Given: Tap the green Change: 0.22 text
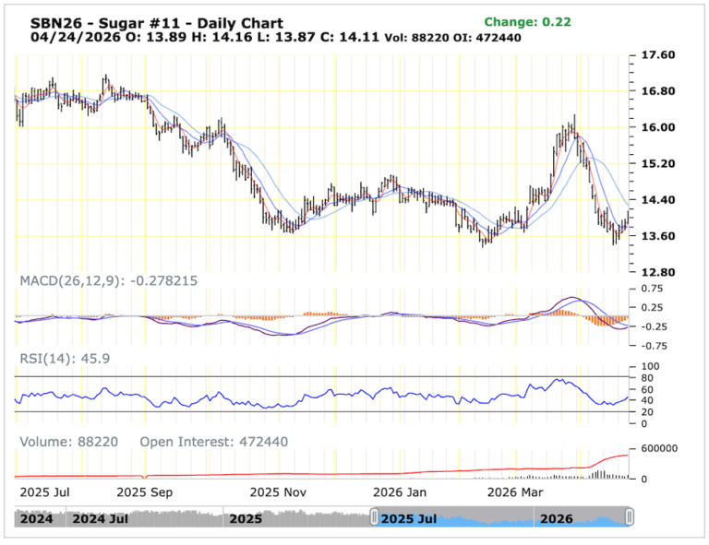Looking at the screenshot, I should point(527,22).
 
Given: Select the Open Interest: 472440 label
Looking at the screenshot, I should point(213,442).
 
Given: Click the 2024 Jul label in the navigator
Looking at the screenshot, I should point(100,519).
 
